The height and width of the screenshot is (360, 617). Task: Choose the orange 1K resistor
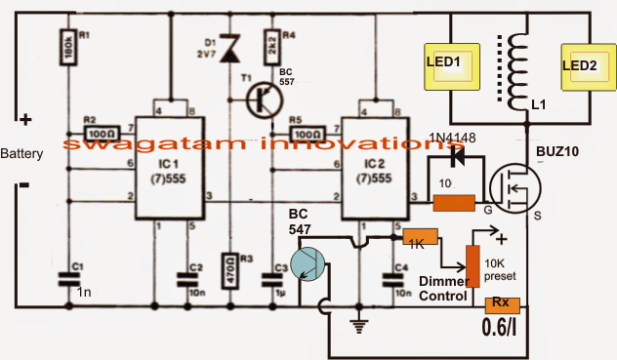[x=419, y=240]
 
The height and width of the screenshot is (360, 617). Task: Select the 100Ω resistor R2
[x=102, y=130]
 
